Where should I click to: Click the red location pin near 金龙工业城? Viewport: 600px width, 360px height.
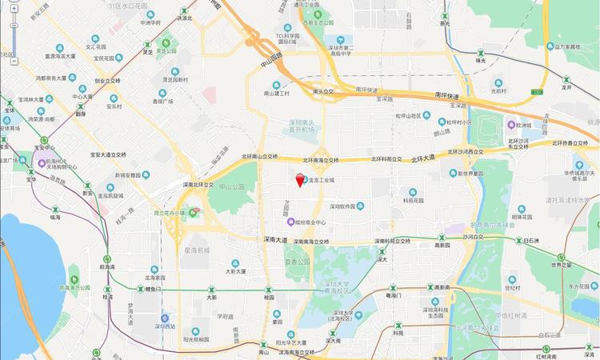[x=300, y=180]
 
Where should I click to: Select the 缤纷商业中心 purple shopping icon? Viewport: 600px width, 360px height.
[x=290, y=222]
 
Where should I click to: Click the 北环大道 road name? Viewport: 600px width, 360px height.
[x=423, y=158]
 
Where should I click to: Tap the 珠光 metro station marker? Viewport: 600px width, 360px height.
[x=479, y=51]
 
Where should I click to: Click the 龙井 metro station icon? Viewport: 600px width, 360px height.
[x=567, y=80]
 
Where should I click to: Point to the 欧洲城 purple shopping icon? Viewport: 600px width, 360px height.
[x=510, y=125]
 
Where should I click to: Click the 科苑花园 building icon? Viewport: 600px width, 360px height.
[x=413, y=192]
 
